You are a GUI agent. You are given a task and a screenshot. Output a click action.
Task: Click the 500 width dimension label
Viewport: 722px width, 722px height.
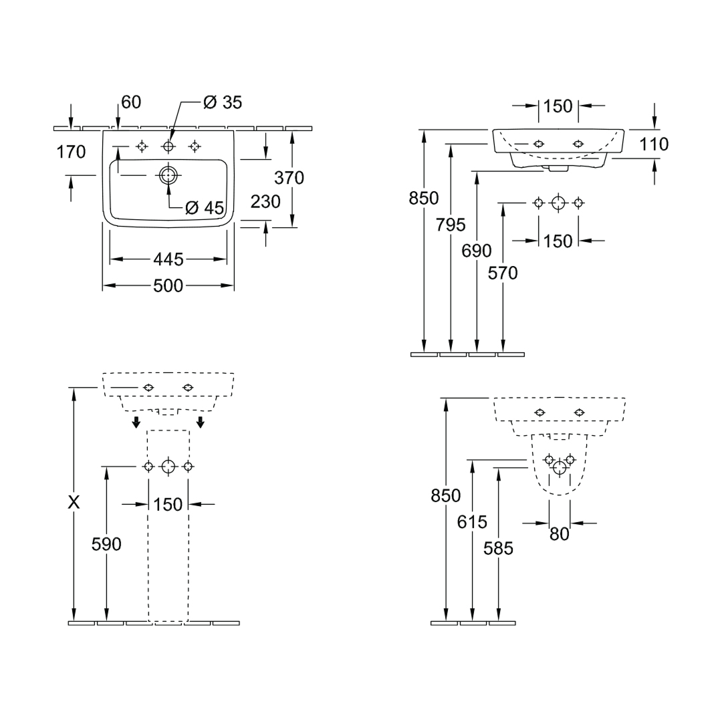pyautogui.click(x=168, y=286)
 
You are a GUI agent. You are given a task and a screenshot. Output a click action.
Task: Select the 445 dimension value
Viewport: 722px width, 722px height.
pyautogui.click(x=168, y=259)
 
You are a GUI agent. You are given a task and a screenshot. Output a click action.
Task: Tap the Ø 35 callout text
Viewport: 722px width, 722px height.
pyautogui.click(x=223, y=102)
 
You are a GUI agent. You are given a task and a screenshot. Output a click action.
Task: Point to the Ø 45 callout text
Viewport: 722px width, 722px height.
pyautogui.click(x=205, y=208)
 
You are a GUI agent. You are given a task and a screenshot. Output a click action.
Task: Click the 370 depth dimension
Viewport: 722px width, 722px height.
pyautogui.click(x=289, y=178)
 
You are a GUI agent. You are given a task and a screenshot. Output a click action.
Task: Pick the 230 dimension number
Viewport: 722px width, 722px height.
pyautogui.click(x=265, y=202)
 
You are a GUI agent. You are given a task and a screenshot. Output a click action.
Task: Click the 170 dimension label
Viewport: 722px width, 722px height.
pyautogui.click(x=71, y=152)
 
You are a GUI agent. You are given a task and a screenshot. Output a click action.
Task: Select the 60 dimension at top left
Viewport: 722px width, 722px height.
pyautogui.click(x=131, y=102)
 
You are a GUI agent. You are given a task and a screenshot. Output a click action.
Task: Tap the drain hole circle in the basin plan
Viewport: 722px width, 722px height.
pyautogui.click(x=168, y=175)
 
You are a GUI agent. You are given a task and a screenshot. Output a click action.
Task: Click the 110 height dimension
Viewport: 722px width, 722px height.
pyautogui.click(x=654, y=144)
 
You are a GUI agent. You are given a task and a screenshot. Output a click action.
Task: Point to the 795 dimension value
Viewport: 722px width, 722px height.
pyautogui.click(x=451, y=225)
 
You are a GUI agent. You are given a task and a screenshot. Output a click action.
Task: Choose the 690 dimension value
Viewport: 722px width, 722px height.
pyautogui.click(x=477, y=251)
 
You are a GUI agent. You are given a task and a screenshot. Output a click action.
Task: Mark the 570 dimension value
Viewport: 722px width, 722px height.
pyautogui.click(x=503, y=273)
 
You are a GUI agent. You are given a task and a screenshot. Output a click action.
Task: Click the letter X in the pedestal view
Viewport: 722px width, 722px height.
pyautogui.click(x=74, y=502)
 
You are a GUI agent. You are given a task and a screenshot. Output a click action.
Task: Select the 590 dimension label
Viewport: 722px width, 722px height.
pyautogui.click(x=106, y=544)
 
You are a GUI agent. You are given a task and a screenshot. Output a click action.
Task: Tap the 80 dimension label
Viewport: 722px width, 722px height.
pyautogui.click(x=560, y=534)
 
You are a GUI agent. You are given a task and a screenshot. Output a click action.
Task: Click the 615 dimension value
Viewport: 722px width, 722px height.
pyautogui.click(x=472, y=522)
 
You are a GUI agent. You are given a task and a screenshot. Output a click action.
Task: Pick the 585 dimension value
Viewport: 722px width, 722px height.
pyautogui.click(x=498, y=548)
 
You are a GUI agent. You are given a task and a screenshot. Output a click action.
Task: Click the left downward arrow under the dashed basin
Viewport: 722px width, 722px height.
pyautogui.click(x=136, y=422)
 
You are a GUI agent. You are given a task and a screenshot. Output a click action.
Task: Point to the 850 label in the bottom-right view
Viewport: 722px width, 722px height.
pyautogui.click(x=446, y=496)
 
